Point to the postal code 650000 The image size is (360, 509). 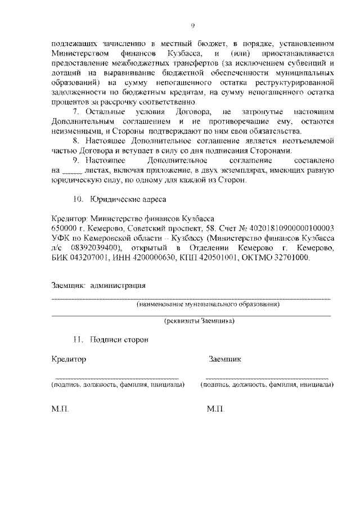point(63,228)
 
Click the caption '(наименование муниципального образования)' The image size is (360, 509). point(208,304)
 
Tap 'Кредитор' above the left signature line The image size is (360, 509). point(69,359)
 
